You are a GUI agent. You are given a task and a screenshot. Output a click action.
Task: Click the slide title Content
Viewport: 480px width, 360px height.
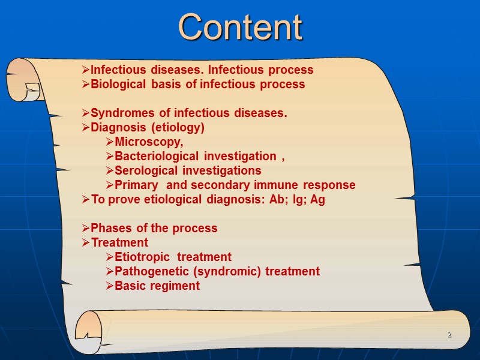240,27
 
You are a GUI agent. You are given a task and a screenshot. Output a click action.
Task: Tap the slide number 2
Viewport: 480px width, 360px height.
448,334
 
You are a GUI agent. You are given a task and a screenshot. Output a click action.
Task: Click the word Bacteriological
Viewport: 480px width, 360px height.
157,157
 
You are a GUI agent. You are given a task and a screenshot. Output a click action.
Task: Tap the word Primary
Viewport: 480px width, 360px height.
136,185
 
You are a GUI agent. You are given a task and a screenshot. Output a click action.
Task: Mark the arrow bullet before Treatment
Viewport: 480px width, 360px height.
86,243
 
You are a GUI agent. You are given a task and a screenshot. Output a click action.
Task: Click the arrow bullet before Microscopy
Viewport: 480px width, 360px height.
110,142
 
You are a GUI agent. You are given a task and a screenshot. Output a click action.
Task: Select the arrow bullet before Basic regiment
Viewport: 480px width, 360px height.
110,286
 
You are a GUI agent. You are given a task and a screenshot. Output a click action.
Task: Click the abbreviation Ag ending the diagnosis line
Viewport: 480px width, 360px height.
317,200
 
